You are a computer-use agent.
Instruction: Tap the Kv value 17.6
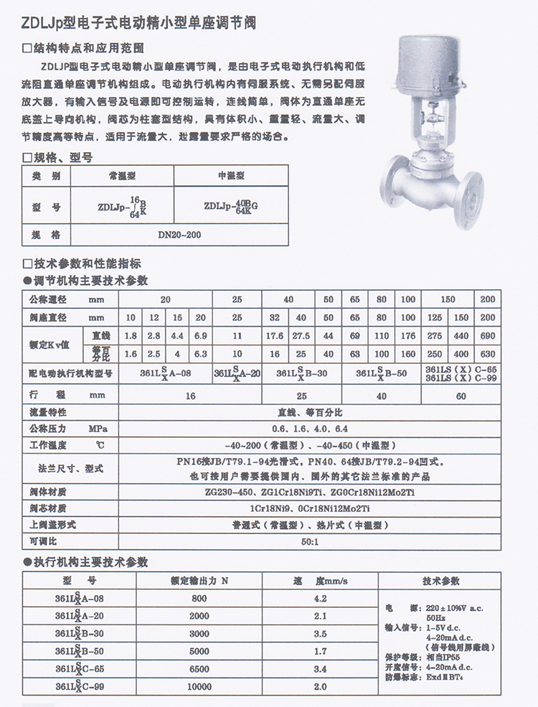pyautogui.click(x=275, y=335)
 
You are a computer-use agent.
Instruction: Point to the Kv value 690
pyautogui.click(x=487, y=335)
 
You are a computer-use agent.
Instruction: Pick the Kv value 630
pyautogui.click(x=487, y=354)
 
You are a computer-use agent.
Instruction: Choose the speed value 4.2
pyautogui.click(x=321, y=598)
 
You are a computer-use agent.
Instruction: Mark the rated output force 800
pyautogui.click(x=199, y=598)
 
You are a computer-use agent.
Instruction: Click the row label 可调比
pyautogui.click(x=43, y=540)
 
